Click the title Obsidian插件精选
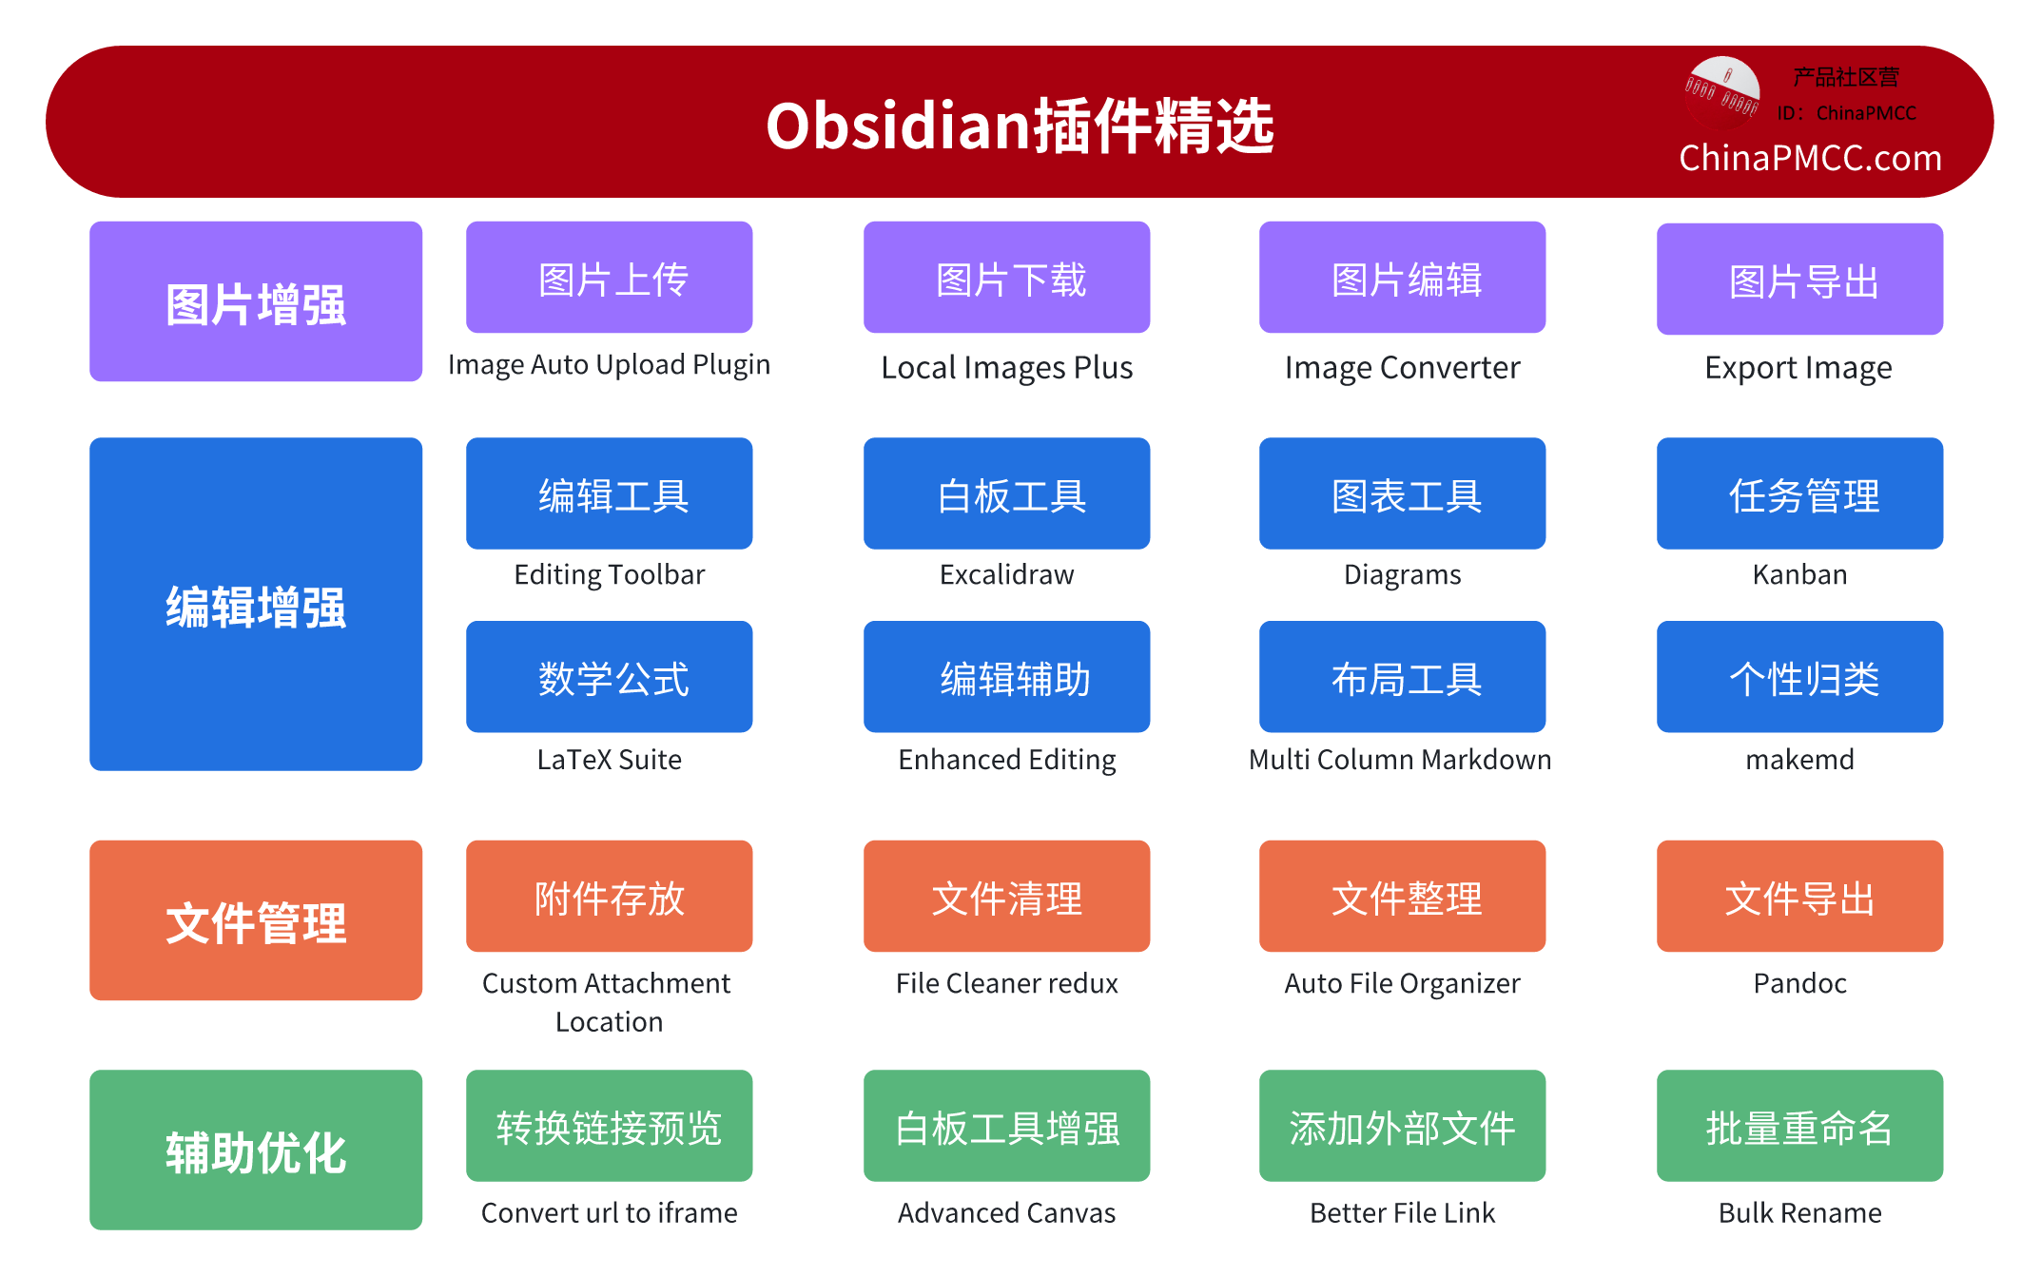(1020, 126)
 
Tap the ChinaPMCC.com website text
(1809, 158)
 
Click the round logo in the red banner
(1721, 92)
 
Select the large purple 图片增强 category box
(256, 302)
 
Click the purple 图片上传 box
(609, 278)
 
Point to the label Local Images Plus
(1006, 367)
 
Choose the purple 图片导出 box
(1799, 280)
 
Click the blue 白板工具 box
(1006, 493)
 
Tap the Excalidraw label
(1006, 574)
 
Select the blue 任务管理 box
(1799, 493)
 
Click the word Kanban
(1799, 574)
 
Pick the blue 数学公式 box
(609, 677)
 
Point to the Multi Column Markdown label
(1400, 759)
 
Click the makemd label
(1799, 759)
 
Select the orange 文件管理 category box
(256, 920)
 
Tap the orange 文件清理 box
(1006, 896)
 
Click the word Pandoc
(1799, 982)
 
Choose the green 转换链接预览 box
(609, 1126)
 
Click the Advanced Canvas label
(1006, 1212)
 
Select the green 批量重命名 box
(1799, 1126)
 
